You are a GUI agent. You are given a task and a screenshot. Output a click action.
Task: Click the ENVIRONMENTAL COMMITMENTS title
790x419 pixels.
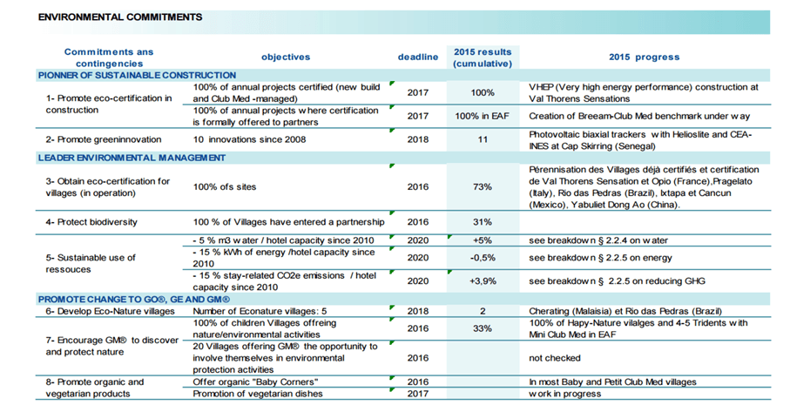[x=120, y=17]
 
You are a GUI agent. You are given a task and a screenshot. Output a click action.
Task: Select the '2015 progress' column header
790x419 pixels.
[x=644, y=57]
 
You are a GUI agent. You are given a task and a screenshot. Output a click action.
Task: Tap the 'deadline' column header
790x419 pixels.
[x=418, y=57]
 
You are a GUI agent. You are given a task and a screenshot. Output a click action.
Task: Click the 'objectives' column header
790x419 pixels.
[x=286, y=57]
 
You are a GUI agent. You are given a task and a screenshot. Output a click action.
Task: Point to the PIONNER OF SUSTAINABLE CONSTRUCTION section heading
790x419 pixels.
[x=137, y=76]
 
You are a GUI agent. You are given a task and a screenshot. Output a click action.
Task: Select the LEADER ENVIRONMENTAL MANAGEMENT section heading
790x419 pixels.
[x=132, y=159]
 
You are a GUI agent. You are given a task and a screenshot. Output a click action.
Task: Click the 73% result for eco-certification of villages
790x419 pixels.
[x=483, y=186]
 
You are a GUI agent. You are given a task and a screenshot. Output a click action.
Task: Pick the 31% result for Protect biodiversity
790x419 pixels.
[x=483, y=222]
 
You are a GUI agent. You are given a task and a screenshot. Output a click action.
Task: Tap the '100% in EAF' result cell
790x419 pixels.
[x=483, y=117]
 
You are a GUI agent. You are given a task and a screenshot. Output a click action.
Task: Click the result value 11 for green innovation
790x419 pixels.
[x=483, y=139]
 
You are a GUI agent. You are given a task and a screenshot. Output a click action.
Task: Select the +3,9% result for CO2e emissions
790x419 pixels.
[x=483, y=281]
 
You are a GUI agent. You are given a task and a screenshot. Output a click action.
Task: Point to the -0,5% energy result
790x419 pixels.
[x=483, y=258]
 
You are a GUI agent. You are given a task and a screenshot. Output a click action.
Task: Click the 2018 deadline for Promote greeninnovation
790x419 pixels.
[x=418, y=139]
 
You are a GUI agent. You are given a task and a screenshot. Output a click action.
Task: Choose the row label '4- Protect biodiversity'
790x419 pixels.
[x=91, y=222]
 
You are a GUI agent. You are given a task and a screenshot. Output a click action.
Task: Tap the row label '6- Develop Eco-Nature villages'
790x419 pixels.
[x=111, y=311]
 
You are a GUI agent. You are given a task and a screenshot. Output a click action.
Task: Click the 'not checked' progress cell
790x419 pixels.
[x=555, y=358]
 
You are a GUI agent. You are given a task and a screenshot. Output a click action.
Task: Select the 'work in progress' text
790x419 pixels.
[x=564, y=394]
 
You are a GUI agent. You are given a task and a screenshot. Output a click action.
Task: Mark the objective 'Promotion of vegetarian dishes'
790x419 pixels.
[x=258, y=394]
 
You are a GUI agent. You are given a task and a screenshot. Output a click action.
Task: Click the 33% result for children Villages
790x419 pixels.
[x=483, y=328]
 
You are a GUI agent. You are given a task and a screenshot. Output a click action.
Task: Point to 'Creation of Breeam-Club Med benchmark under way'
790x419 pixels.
[x=639, y=117]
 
